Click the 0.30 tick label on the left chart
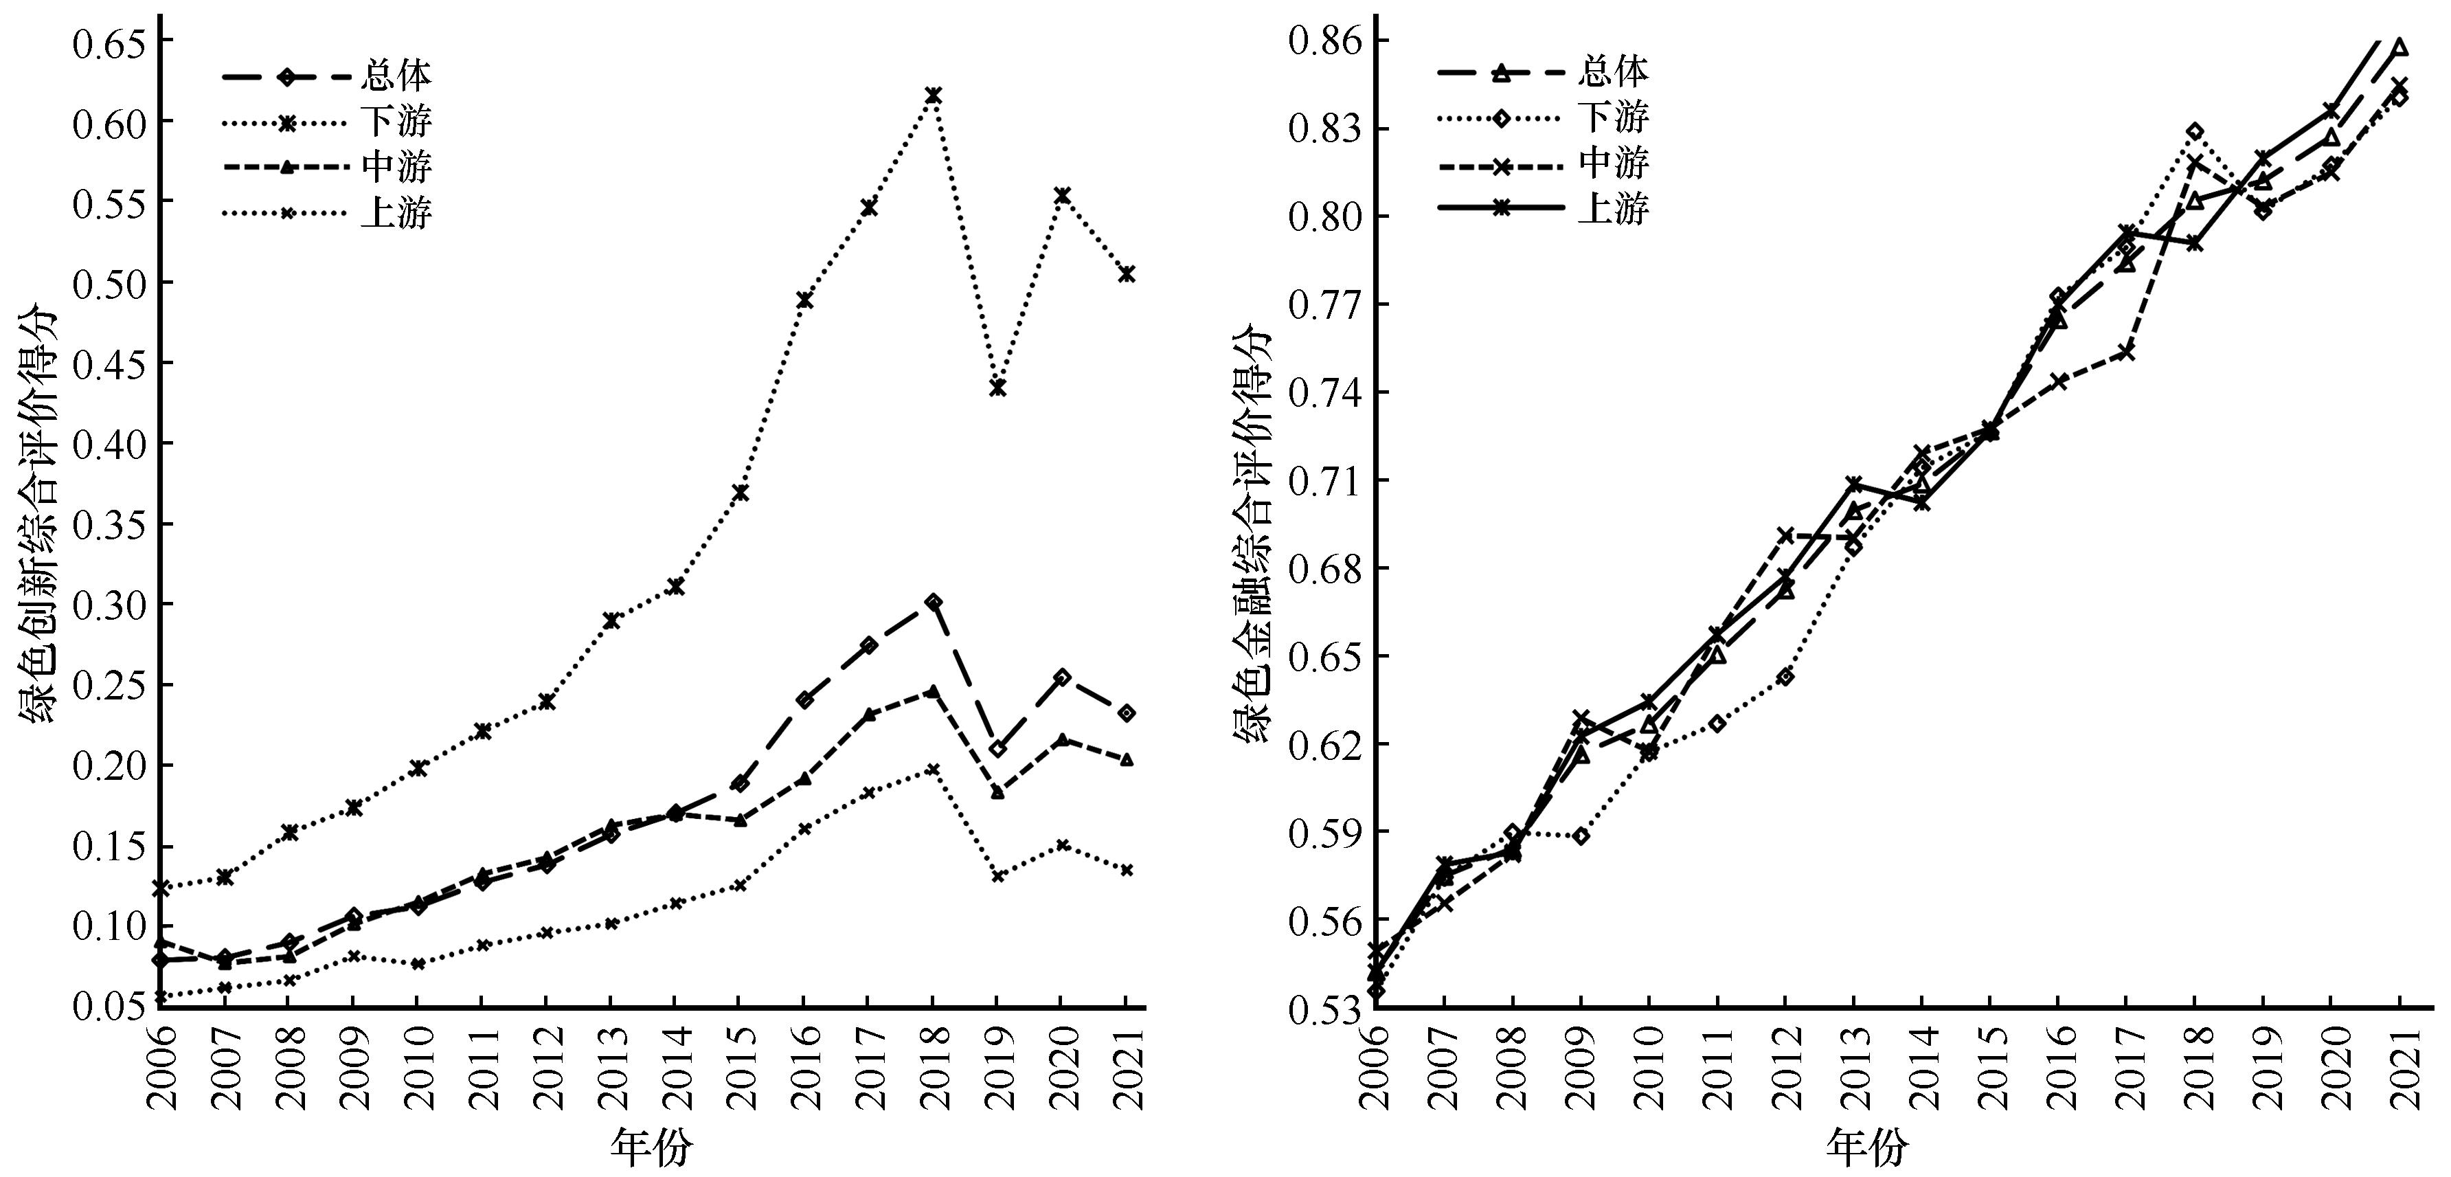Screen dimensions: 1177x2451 pyautogui.click(x=106, y=604)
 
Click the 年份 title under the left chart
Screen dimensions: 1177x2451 pyautogui.click(x=652, y=1147)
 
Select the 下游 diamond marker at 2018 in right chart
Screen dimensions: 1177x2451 pyautogui.click(x=2195, y=132)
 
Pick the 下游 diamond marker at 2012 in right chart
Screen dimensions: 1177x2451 pyautogui.click(x=1785, y=677)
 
